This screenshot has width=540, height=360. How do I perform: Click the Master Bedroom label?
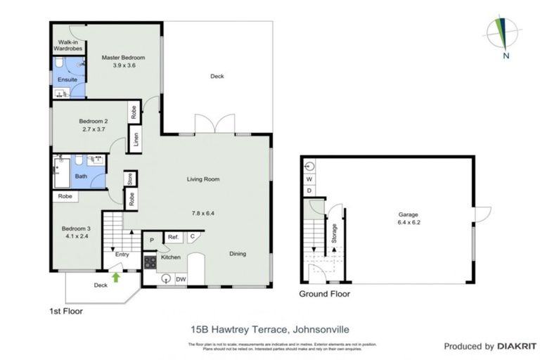[123, 58]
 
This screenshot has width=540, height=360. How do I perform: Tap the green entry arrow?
[116, 277]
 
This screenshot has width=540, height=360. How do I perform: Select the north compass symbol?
[502, 34]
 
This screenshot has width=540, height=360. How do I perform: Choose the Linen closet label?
[136, 139]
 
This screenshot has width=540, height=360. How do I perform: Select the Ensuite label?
[67, 79]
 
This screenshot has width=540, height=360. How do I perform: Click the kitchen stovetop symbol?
[150, 262]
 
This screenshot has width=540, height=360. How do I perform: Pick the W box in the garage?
[309, 179]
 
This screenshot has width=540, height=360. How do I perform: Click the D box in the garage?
[309, 191]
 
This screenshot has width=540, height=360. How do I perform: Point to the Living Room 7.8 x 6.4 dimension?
[203, 212]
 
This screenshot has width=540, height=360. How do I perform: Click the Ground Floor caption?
[324, 294]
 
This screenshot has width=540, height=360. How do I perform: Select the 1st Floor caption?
[66, 310]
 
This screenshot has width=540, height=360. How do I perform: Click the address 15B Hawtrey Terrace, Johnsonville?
[270, 328]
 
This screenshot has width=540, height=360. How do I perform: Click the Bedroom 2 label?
[94, 122]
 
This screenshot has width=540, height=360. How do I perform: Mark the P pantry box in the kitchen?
[151, 240]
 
